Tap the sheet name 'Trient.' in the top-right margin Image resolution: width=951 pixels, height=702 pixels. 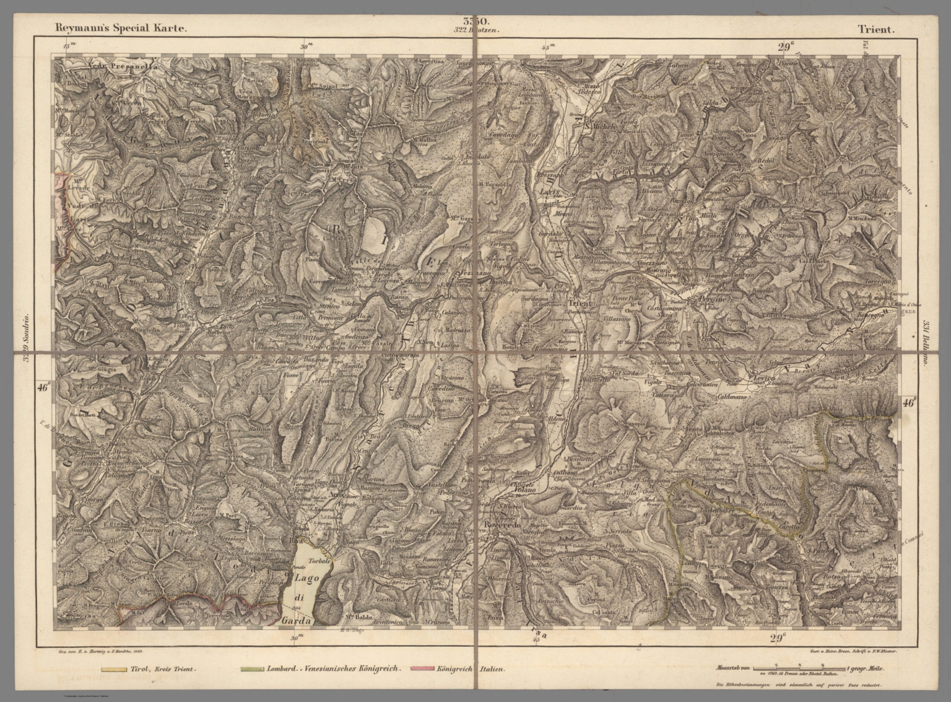tap(875, 29)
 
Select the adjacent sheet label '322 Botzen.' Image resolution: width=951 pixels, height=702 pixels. tap(475, 29)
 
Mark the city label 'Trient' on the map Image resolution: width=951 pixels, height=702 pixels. tap(581, 303)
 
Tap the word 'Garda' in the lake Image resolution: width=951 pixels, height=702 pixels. tap(298, 619)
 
